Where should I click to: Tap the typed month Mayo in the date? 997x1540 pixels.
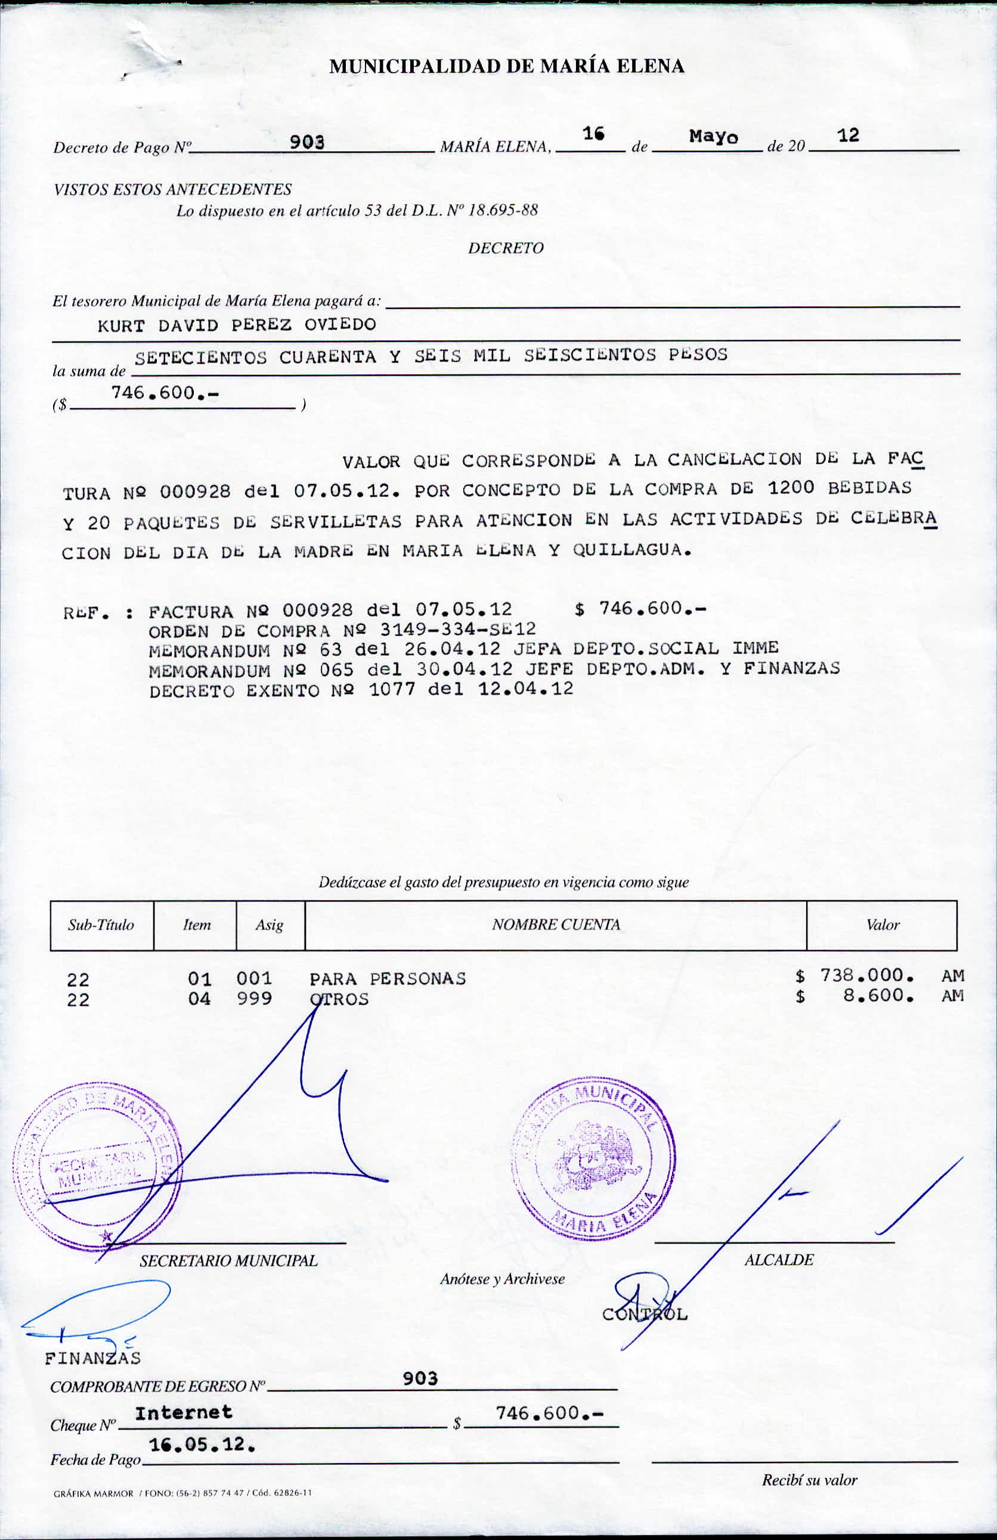coord(713,137)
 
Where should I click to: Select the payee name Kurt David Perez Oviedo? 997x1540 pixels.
coord(237,325)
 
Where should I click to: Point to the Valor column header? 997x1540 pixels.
coord(883,925)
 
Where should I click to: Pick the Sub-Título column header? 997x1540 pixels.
coord(101,925)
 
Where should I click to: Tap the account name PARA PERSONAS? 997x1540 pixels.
coord(388,978)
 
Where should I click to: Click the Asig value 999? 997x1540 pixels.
coord(253,999)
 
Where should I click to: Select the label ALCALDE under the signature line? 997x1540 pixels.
coord(778,1260)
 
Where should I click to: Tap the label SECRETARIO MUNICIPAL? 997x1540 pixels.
coord(228,1260)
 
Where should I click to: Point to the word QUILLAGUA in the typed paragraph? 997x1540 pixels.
coord(631,551)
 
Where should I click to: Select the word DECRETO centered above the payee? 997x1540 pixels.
coord(505,249)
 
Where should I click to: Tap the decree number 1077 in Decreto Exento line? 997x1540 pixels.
coord(391,689)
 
